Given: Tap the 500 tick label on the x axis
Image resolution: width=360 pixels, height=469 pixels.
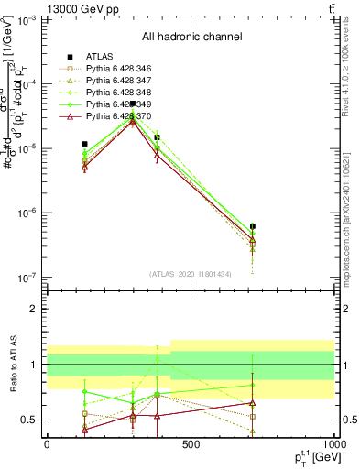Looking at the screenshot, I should (x=191, y=444).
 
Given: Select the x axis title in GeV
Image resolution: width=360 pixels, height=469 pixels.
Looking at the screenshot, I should (x=314, y=459).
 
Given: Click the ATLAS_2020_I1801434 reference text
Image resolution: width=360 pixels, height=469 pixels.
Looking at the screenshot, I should (x=191, y=274).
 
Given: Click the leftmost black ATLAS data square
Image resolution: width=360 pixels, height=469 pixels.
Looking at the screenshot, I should (x=84, y=144).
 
